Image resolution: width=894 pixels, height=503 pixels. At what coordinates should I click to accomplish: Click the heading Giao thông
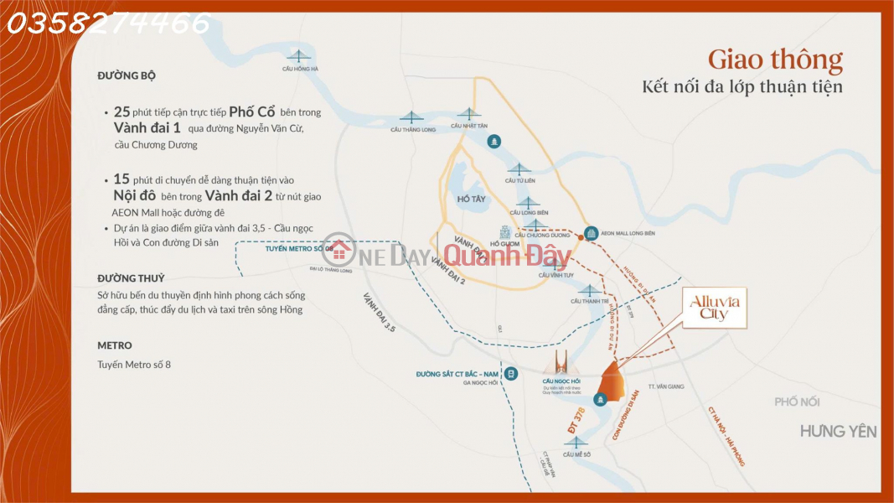[775, 60]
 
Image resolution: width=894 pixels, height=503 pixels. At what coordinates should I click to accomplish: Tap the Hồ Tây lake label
[470, 200]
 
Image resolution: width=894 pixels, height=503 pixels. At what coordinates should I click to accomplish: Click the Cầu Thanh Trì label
[587, 301]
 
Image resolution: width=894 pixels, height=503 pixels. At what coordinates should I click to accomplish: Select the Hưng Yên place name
[838, 432]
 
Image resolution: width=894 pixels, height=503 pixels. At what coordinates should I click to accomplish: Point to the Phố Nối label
[797, 402]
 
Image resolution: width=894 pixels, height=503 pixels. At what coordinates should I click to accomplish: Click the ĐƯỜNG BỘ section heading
[126, 75]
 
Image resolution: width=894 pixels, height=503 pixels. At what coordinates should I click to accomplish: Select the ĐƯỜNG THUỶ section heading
[131, 278]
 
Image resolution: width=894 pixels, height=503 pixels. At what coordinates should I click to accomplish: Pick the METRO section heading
[114, 345]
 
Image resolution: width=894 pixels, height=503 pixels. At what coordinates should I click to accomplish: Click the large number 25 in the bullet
[121, 111]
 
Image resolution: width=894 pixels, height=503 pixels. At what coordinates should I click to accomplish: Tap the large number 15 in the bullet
[121, 179]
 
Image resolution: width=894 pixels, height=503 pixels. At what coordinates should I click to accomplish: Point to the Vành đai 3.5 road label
[379, 313]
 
